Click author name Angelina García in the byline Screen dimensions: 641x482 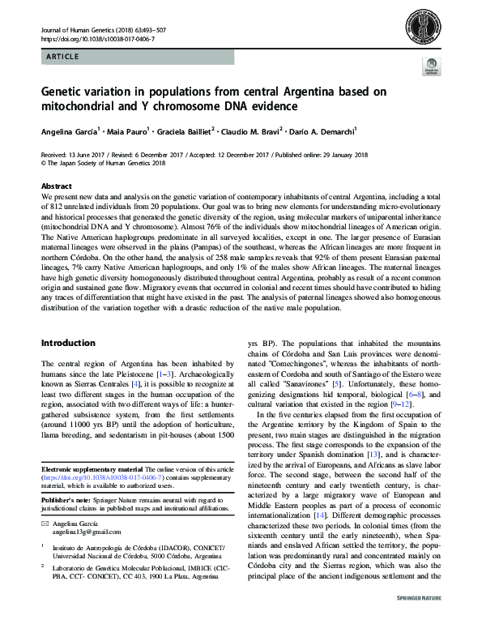[69, 130]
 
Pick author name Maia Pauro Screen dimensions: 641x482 [130, 130]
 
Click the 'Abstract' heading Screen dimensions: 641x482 [56, 186]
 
